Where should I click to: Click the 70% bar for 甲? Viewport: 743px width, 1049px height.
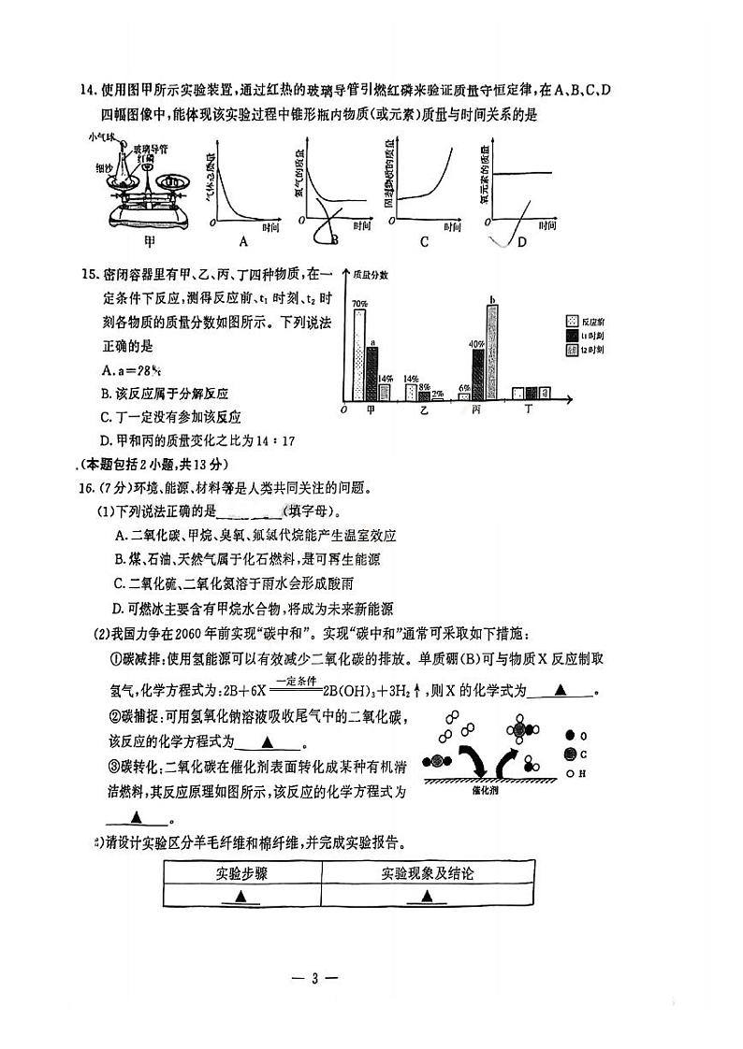click(359, 355)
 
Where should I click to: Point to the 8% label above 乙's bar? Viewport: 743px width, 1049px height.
click(424, 386)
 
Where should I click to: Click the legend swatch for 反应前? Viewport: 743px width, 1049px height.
click(572, 320)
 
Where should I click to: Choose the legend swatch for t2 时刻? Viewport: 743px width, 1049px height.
click(572, 350)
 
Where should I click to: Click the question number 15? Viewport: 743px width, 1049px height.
click(90, 274)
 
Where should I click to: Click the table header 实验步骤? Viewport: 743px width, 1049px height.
click(242, 874)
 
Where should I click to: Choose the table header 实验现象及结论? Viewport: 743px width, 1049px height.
click(427, 874)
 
